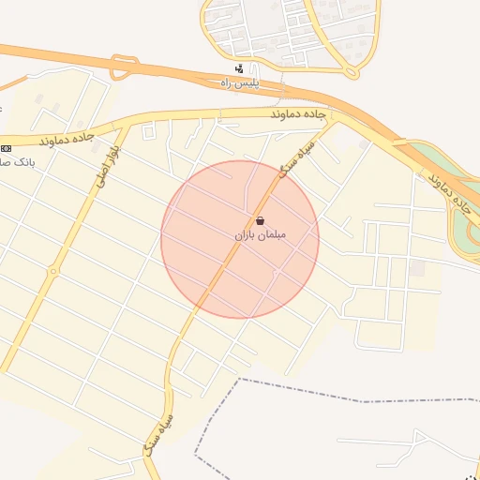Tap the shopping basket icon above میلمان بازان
pyautogui.click(x=259, y=220)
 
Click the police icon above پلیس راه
pyautogui.click(x=240, y=68)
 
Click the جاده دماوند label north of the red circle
pyautogui.click(x=296, y=113)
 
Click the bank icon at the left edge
pyautogui.click(x=7, y=148)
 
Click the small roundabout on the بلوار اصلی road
pyautogui.click(x=53, y=272)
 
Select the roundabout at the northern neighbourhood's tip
pyautogui.click(x=352, y=71)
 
